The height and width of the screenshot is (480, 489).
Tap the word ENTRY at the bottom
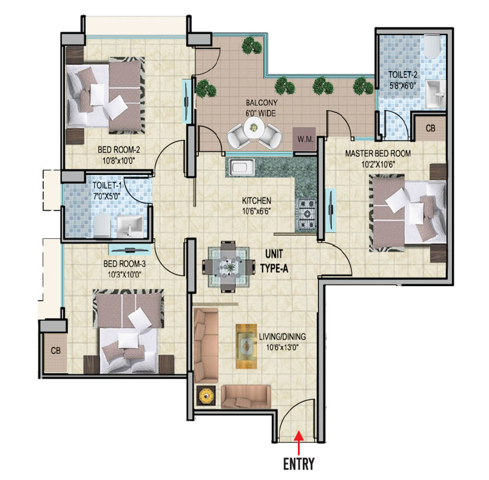(298, 464)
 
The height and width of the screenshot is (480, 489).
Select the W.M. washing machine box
(304, 139)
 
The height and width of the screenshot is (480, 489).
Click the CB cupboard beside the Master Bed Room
(430, 128)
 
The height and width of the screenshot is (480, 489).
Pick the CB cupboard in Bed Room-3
(55, 351)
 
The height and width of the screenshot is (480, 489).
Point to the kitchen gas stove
(306, 215)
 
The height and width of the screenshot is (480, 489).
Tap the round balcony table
(255, 129)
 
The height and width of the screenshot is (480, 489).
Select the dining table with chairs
(226, 266)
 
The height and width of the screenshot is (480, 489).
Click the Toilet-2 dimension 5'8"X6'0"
(402, 85)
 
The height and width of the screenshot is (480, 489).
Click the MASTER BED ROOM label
(377, 153)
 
